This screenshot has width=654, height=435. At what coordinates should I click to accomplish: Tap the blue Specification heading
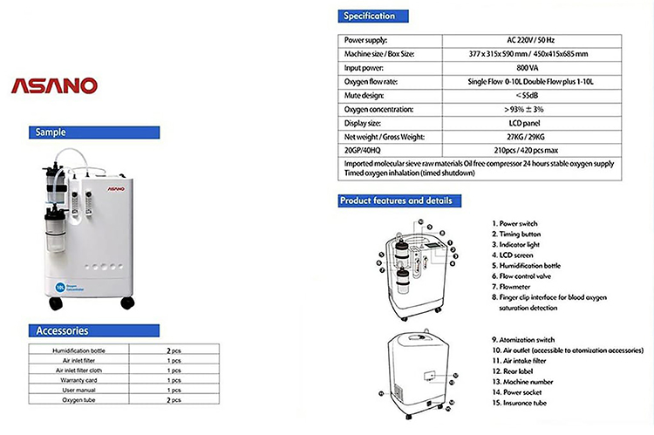click(x=370, y=16)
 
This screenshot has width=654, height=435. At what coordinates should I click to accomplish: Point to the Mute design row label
click(x=367, y=96)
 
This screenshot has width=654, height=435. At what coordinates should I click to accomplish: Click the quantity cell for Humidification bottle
click(x=174, y=350)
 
